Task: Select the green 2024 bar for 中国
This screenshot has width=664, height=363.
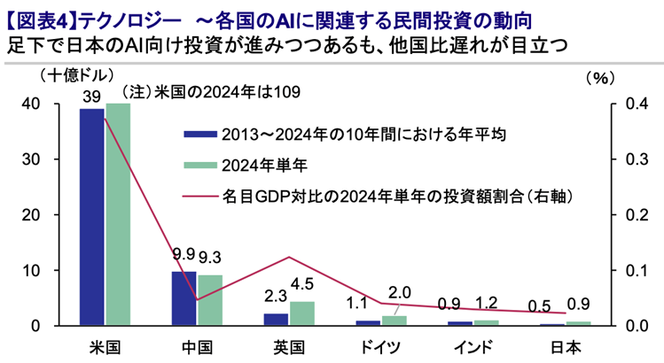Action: click(x=210, y=300)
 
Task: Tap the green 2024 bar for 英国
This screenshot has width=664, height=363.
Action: click(x=302, y=313)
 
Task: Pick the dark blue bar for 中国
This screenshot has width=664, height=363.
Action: click(x=184, y=298)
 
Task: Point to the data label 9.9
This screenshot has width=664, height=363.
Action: click(x=184, y=254)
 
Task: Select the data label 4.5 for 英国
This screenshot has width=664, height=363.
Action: click(x=303, y=285)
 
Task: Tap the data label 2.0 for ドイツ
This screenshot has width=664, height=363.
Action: click(x=400, y=293)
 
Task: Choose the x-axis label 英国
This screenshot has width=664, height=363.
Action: click(x=289, y=345)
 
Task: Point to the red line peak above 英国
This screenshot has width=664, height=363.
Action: click(x=289, y=258)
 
